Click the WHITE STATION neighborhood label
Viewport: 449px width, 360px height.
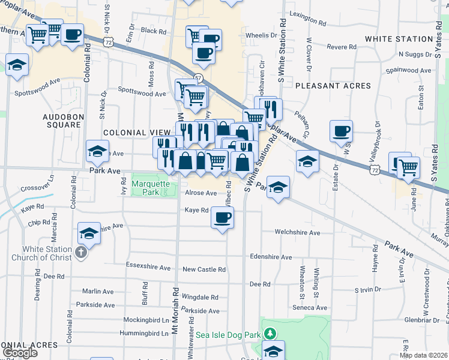click(x=399, y=40)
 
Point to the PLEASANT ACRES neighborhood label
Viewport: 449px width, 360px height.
click(x=333, y=86)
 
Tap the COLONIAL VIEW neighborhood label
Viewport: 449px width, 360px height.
click(x=133, y=133)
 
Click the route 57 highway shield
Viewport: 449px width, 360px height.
click(x=198, y=79)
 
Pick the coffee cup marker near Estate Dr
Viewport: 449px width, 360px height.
click(x=341, y=131)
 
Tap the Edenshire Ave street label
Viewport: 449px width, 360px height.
click(x=271, y=257)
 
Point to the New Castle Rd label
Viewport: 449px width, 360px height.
click(x=204, y=270)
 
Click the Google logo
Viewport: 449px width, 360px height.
click(x=20, y=353)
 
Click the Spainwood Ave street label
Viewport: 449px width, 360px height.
click(x=409, y=71)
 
